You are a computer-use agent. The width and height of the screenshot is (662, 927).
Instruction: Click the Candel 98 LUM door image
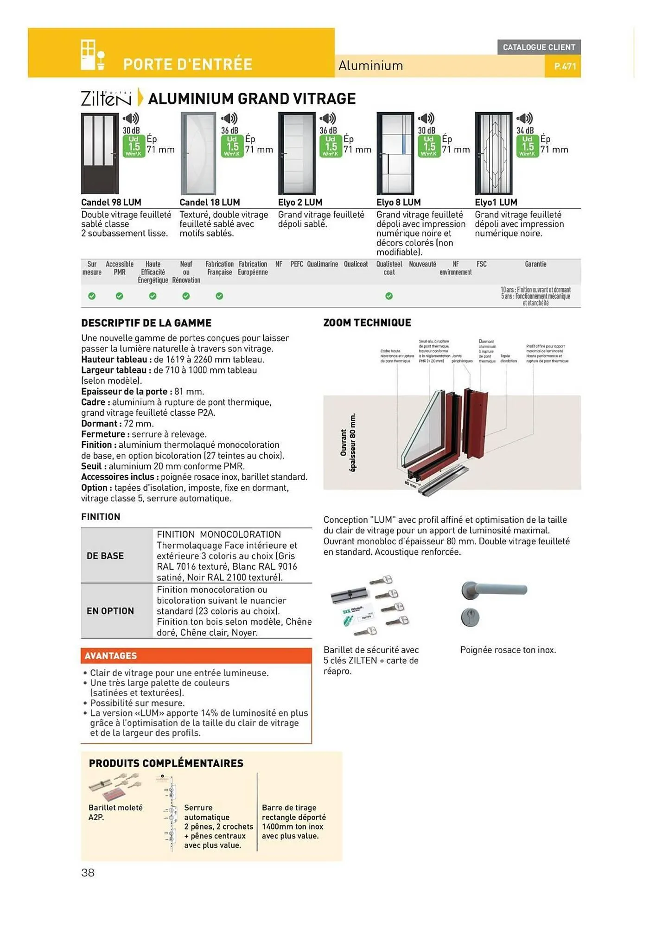click(100, 153)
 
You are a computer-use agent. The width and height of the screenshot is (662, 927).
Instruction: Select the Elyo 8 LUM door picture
click(395, 153)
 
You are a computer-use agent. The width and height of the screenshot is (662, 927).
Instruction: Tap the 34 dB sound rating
click(525, 131)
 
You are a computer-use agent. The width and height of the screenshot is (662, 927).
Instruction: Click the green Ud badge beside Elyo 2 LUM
click(331, 146)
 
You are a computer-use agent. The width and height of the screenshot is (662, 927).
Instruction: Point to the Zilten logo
click(106, 98)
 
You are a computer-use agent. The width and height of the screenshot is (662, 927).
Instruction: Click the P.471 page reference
click(565, 66)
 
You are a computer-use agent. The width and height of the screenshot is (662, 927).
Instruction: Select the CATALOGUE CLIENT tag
click(539, 47)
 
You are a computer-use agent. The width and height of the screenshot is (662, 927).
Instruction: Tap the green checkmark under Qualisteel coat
click(389, 296)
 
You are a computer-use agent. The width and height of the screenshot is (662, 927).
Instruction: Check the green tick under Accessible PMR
click(119, 296)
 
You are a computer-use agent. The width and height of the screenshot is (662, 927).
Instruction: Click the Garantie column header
click(535, 264)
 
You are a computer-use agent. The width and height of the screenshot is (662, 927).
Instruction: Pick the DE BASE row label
click(105, 556)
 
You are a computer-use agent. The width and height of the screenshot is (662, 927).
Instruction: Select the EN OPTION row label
click(110, 611)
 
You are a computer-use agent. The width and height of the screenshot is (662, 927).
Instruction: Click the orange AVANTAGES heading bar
click(196, 655)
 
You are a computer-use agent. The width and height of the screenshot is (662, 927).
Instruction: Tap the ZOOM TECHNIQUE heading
click(367, 323)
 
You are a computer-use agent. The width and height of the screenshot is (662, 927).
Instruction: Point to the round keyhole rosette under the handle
click(470, 617)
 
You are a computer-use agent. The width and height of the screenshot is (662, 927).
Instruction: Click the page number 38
click(88, 873)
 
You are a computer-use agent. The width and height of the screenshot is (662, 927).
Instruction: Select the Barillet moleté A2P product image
click(115, 787)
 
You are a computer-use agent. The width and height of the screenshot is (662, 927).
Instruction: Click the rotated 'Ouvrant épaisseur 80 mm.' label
click(348, 443)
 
